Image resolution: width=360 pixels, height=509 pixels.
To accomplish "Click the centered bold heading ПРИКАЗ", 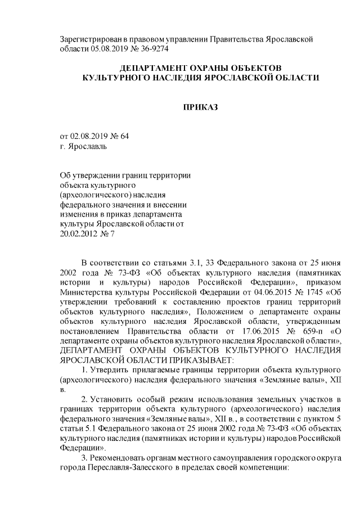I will tap(201, 107).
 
